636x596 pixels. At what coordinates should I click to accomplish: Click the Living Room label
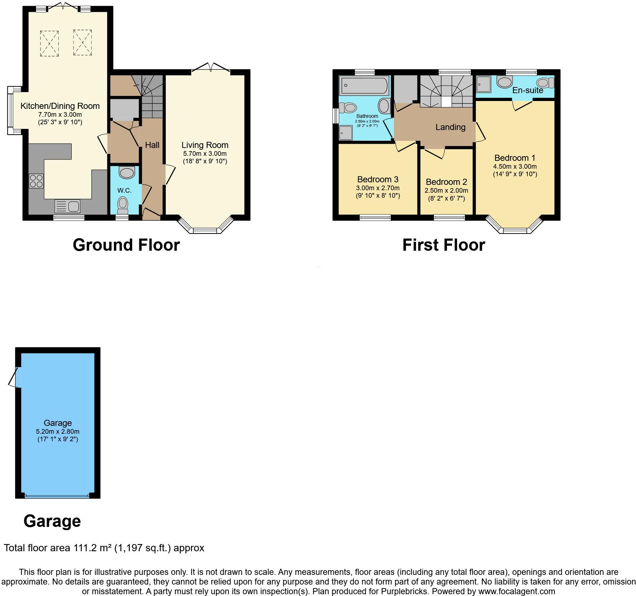(205, 145)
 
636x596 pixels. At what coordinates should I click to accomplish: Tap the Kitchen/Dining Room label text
(60, 106)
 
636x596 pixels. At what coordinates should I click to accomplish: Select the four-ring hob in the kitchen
(36, 181)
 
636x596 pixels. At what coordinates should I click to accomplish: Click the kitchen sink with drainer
(67, 207)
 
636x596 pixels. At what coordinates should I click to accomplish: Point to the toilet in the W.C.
(123, 204)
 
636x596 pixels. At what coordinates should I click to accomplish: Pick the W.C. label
(124, 191)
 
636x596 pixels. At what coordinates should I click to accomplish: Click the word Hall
(152, 145)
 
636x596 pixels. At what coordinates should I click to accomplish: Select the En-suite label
(527, 90)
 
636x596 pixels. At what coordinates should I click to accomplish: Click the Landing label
(450, 127)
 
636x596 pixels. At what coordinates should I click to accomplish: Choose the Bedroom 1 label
(515, 158)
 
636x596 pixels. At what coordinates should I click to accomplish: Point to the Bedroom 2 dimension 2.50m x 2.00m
(446, 191)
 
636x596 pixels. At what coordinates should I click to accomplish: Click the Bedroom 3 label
(378, 179)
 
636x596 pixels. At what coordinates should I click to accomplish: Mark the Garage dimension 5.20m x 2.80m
(58, 432)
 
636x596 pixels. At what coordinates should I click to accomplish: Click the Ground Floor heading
(126, 245)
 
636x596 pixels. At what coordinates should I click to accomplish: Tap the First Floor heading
(444, 245)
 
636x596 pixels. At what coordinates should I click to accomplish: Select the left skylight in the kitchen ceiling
(49, 43)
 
